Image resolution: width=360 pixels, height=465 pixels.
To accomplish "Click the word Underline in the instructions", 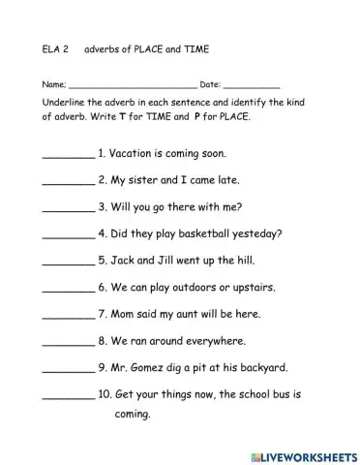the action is tap(63, 102).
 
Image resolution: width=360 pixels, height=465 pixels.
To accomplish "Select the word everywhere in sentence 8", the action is tap(210, 341).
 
